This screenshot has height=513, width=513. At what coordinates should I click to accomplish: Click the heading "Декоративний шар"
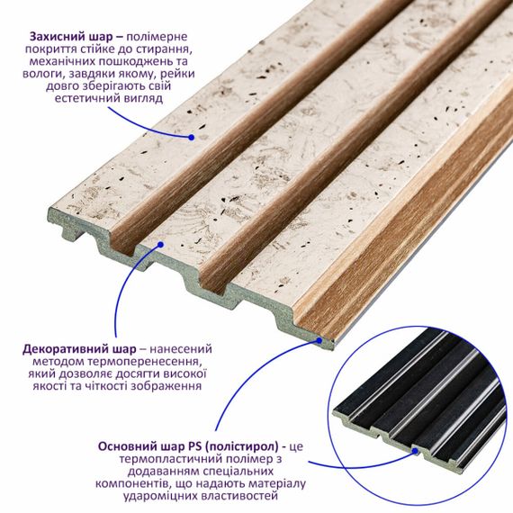[x=79, y=349]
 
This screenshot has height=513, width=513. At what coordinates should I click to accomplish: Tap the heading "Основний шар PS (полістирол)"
[x=188, y=446]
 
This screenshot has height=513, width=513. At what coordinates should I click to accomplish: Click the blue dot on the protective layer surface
[x=192, y=138]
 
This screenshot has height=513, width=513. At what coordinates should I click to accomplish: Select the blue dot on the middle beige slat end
[x=160, y=244]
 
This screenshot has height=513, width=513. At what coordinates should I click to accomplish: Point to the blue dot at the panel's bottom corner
[x=319, y=340]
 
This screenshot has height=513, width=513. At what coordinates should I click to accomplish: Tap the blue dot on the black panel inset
[x=415, y=451]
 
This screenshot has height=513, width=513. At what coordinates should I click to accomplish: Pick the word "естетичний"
[x=87, y=98]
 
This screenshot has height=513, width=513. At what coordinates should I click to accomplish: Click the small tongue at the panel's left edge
[x=70, y=233]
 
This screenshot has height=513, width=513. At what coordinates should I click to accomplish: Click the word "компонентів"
[x=132, y=483]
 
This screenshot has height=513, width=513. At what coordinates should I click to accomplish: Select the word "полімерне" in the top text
[x=157, y=37]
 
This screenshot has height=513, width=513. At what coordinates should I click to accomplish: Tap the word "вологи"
[x=40, y=74]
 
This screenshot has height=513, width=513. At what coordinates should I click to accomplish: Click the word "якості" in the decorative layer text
[x=49, y=386]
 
